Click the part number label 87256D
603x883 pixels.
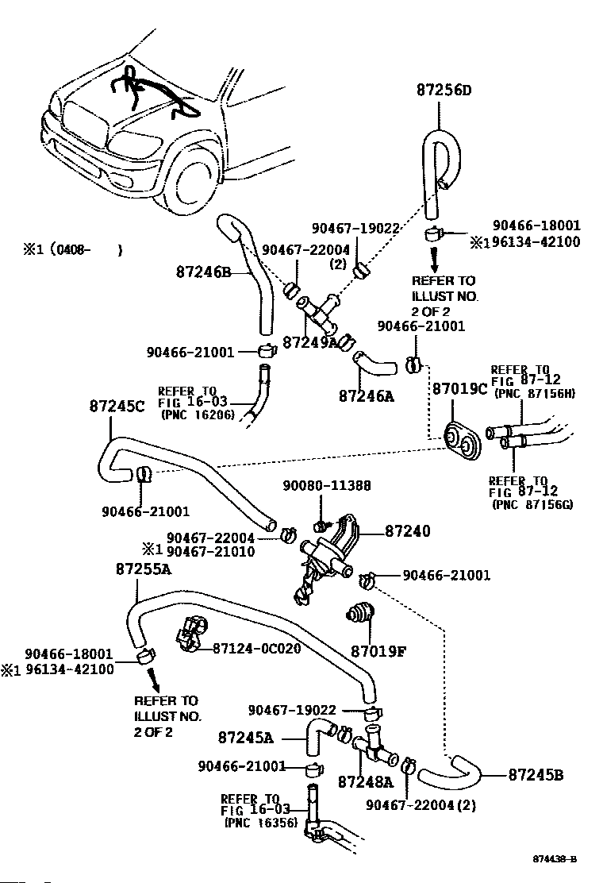444,90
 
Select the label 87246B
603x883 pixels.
202,272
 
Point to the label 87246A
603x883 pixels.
366,395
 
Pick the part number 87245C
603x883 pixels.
117,406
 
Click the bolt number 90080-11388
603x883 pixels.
327,485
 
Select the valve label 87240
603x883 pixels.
408,530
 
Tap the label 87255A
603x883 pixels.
143,569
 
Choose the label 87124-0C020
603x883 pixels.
257,649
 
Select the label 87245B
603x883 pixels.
536,774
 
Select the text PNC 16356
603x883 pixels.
260,823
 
